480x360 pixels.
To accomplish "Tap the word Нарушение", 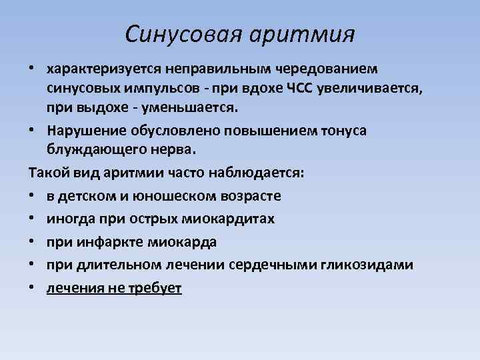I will coord(80,130).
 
